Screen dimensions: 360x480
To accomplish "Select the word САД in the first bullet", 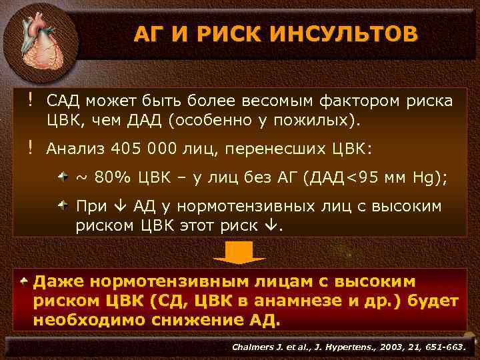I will [64, 101].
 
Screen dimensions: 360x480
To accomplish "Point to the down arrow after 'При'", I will [111, 207].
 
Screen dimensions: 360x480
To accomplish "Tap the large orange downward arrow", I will [239, 253].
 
